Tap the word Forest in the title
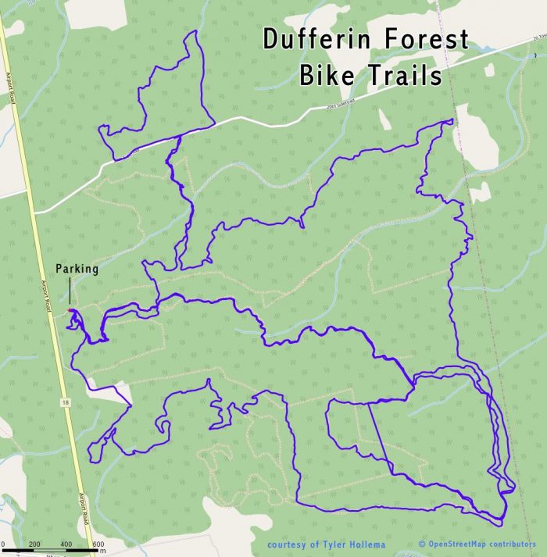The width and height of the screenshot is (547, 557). (x=425, y=40)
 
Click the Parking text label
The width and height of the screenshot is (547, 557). (x=76, y=270)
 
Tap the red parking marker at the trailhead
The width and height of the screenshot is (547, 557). (x=71, y=311)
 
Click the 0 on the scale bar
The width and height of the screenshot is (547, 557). (x=3, y=544)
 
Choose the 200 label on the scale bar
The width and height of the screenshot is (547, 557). (x=34, y=544)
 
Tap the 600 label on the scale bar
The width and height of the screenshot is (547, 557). (x=98, y=544)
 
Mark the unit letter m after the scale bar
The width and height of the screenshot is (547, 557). (x=102, y=552)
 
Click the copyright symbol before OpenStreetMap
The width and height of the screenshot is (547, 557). (x=422, y=544)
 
